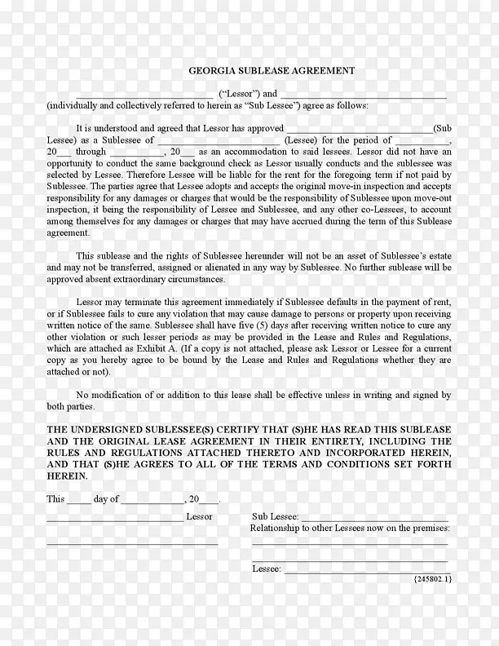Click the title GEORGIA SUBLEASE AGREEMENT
click(272, 71)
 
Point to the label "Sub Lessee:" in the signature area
click(276, 517)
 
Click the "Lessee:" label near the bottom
click(266, 569)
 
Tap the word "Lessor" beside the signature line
click(199, 517)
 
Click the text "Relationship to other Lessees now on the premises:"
click(348, 529)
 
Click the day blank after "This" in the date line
click(79, 501)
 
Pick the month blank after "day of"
click(152, 501)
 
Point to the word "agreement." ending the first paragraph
click(67, 232)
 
